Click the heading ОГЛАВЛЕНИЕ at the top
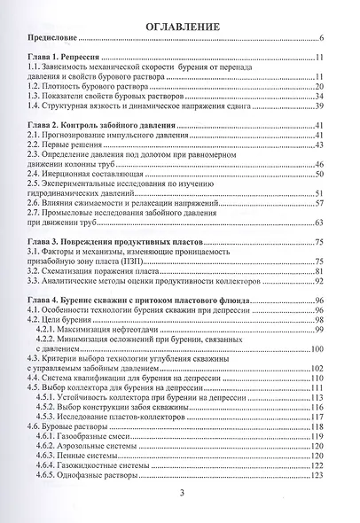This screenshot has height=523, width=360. pyautogui.click(x=179, y=27)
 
